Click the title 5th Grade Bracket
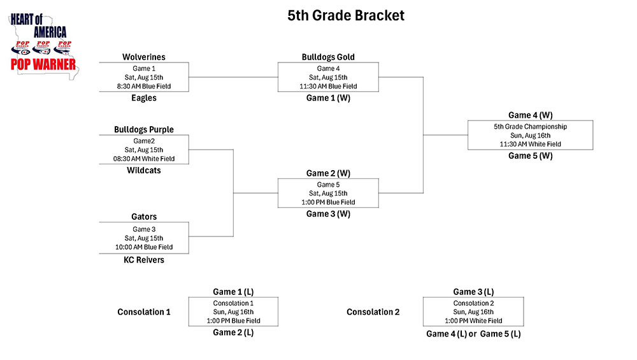346,15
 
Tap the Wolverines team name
144,57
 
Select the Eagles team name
144,98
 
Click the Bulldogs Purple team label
144,129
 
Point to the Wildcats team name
144,170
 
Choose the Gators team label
144,217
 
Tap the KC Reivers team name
144,260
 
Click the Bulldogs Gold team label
328,57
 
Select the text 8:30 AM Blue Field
144,86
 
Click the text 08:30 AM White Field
144,159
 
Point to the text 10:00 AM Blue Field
144,247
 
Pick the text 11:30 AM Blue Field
328,86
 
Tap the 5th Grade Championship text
530,126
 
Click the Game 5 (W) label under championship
530,156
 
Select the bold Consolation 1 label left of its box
144,312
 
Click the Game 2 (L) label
233,333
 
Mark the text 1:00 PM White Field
473,320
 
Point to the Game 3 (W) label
328,214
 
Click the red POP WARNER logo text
43,64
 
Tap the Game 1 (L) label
233,292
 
